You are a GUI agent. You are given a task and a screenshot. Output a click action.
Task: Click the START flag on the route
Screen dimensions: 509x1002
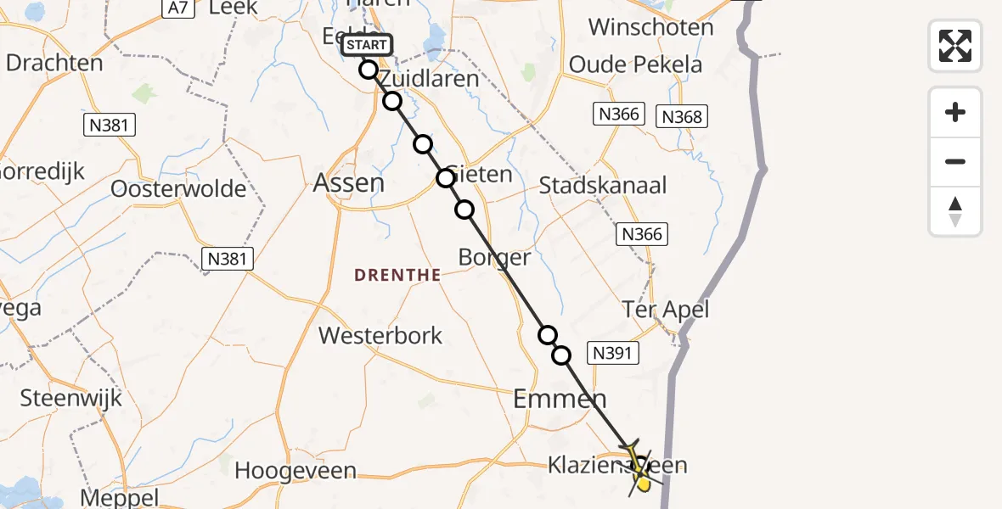367,45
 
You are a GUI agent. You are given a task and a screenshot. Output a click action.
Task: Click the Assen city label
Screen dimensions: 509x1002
349,182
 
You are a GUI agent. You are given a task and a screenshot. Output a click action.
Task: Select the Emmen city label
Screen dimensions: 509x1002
560,399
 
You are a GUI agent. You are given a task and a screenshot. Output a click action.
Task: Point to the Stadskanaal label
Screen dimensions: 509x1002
603,185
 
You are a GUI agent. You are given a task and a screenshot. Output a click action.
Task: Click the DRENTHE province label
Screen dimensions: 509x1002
397,275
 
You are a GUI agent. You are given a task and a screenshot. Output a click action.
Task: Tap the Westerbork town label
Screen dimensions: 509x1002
380,335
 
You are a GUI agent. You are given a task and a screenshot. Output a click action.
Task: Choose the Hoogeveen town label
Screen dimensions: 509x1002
296,470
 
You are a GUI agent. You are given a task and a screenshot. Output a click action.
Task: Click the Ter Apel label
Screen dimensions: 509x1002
666,310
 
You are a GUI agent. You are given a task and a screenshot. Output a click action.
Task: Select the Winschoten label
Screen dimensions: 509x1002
651,27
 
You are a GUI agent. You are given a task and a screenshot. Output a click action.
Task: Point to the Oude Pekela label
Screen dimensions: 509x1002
636,64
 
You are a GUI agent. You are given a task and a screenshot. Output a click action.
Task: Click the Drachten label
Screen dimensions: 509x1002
54,63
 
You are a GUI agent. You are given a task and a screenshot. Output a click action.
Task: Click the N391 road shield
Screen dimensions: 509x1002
613,353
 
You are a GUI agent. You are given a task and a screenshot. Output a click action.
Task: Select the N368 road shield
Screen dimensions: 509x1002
682,116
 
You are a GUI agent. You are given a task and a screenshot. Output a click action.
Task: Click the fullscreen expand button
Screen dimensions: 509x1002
955,46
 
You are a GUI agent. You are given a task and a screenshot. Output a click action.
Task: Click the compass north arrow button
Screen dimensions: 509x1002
955,211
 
